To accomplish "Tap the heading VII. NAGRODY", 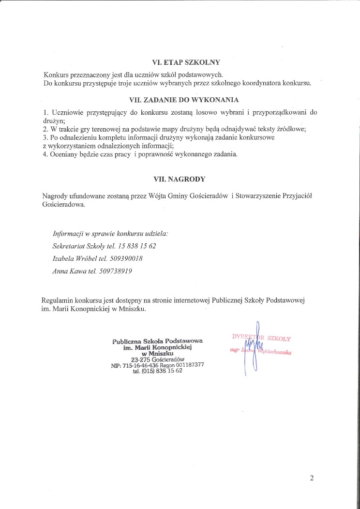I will [180, 179].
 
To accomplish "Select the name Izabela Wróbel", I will [72, 259].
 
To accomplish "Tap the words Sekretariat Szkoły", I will [75, 246].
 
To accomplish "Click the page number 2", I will [312, 479].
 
